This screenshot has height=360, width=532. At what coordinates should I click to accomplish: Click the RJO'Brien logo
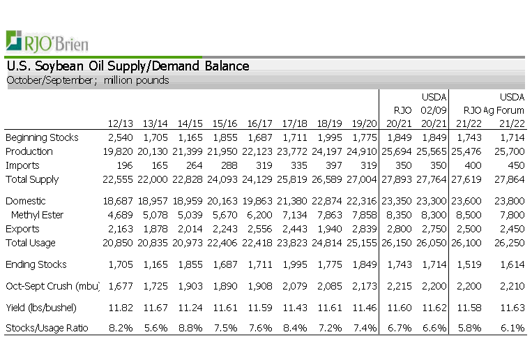(47, 42)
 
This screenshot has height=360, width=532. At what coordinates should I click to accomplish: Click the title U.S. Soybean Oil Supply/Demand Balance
(128, 66)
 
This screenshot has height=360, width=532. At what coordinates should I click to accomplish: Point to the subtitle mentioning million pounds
(88, 80)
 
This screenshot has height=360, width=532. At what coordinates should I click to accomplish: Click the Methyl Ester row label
(36, 215)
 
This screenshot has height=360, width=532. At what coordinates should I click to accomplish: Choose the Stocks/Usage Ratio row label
(47, 328)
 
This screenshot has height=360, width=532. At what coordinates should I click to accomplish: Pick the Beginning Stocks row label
(42, 137)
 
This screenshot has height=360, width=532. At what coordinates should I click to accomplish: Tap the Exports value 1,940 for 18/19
(330, 229)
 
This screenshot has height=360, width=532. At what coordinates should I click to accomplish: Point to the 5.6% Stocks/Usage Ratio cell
(157, 328)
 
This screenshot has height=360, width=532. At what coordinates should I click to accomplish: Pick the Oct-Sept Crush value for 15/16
(227, 286)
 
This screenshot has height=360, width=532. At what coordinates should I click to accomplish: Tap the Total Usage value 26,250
(508, 243)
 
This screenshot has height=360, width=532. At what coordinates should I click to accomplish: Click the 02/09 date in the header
(432, 110)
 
